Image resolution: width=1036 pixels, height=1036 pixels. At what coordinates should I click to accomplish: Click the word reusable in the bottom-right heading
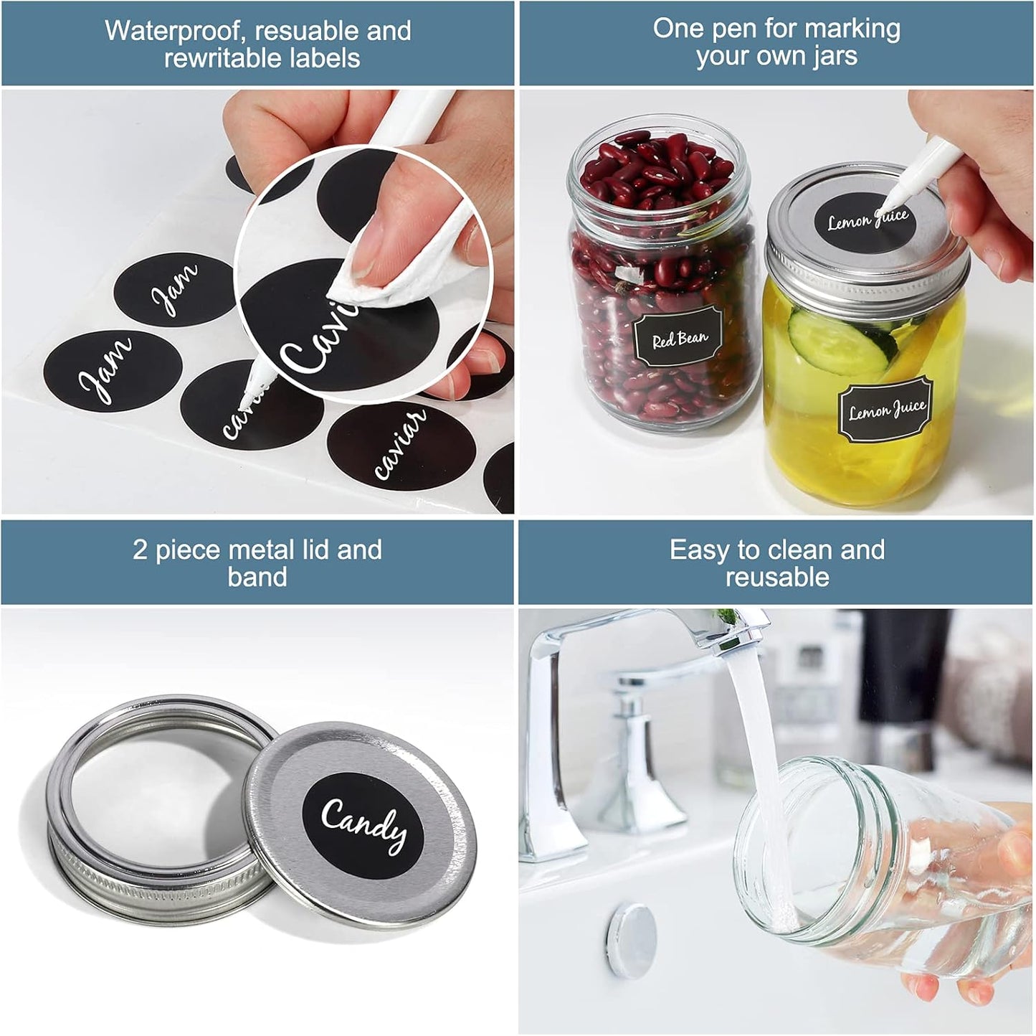(777, 577)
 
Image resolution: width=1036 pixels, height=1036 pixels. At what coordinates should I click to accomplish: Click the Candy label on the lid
(363, 827)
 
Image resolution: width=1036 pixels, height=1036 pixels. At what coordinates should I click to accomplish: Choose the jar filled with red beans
(663, 287)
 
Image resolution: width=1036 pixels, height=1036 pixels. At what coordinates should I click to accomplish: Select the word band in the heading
(257, 577)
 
